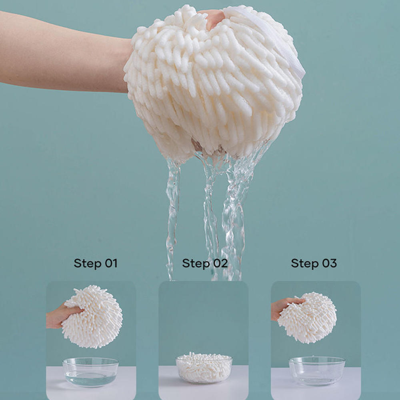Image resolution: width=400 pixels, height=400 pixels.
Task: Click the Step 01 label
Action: click(95, 263)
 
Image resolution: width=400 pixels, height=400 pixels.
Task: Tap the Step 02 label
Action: click(204, 263)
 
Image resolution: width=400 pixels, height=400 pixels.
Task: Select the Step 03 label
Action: click(314, 263)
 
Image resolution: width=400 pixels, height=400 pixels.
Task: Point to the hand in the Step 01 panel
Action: click(60, 316)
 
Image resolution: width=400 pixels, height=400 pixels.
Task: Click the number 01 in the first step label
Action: click(111, 263)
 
